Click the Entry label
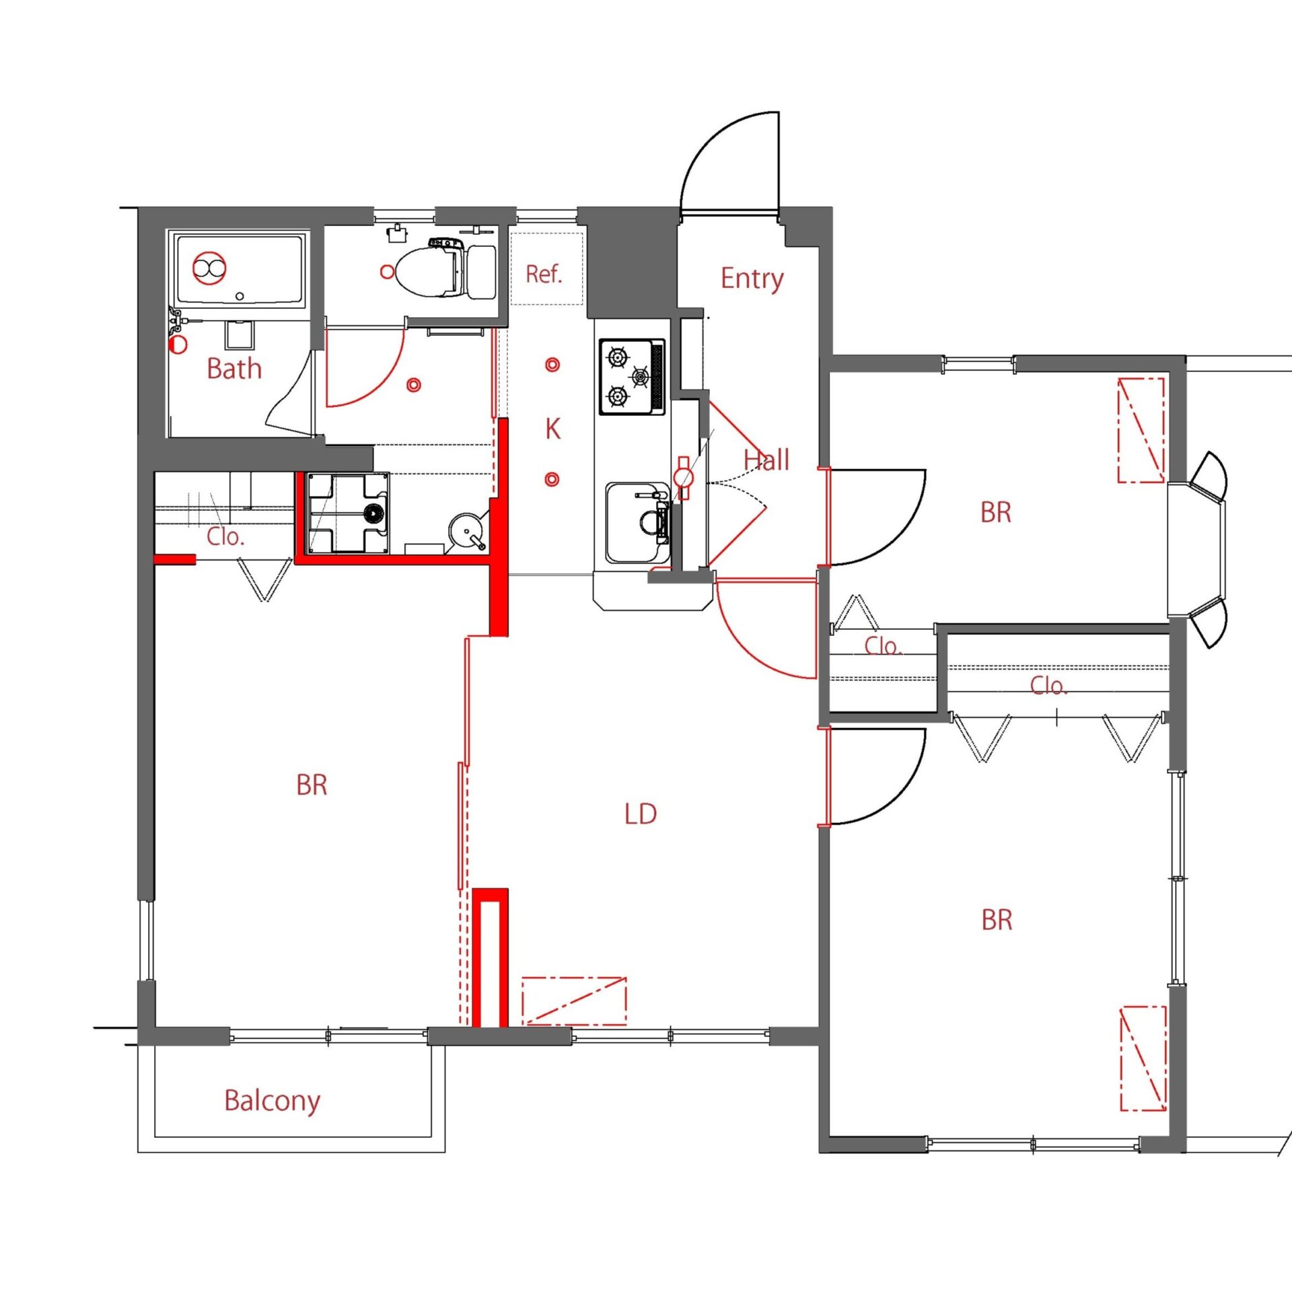pyautogui.click(x=752, y=279)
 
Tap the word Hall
pyautogui.click(x=766, y=460)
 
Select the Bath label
pyautogui.click(x=234, y=369)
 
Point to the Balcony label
pyautogui.click(x=272, y=1101)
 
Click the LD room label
pyautogui.click(x=640, y=814)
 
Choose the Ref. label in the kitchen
pyautogui.click(x=544, y=274)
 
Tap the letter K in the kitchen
pyautogui.click(x=552, y=429)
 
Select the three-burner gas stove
pyautogui.click(x=633, y=376)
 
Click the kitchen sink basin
pyautogui.click(x=638, y=523)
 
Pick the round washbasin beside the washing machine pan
pyautogui.click(x=466, y=531)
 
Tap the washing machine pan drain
pyautogui.click(x=372, y=513)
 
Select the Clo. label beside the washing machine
pyautogui.click(x=225, y=537)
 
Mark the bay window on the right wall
pyautogui.click(x=1198, y=550)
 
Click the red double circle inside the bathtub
pyautogui.click(x=209, y=268)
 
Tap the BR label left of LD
pyautogui.click(x=312, y=785)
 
